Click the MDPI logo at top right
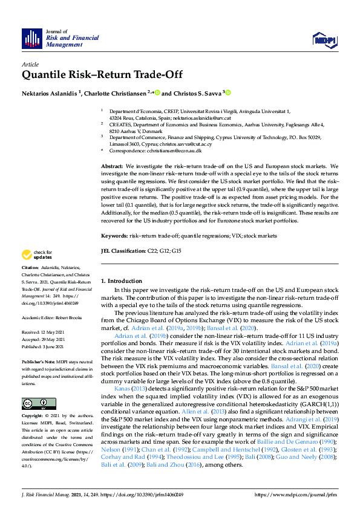324,39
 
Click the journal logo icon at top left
31,39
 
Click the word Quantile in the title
44,76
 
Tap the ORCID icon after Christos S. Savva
229,93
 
